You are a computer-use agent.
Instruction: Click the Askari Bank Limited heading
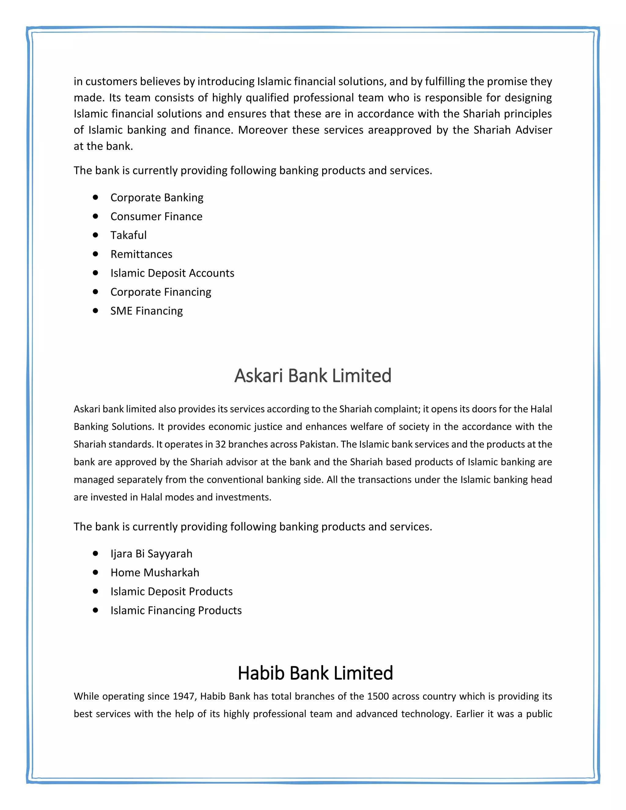tap(313, 376)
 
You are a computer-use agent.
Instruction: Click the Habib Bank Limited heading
tap(315, 673)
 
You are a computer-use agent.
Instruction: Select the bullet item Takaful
tap(128, 235)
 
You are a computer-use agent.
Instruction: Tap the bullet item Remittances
tap(141, 254)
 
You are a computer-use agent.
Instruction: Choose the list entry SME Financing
tap(146, 311)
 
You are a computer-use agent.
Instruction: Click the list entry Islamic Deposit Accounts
tap(172, 273)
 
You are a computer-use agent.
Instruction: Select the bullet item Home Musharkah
tap(155, 572)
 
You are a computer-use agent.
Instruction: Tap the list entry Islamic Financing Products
tap(176, 610)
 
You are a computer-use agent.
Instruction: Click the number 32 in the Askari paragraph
tap(220, 444)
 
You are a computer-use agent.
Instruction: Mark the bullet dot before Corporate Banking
tap(96, 197)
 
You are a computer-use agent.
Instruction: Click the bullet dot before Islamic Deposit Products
tap(96, 591)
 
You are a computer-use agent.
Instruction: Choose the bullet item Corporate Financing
tap(160, 292)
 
